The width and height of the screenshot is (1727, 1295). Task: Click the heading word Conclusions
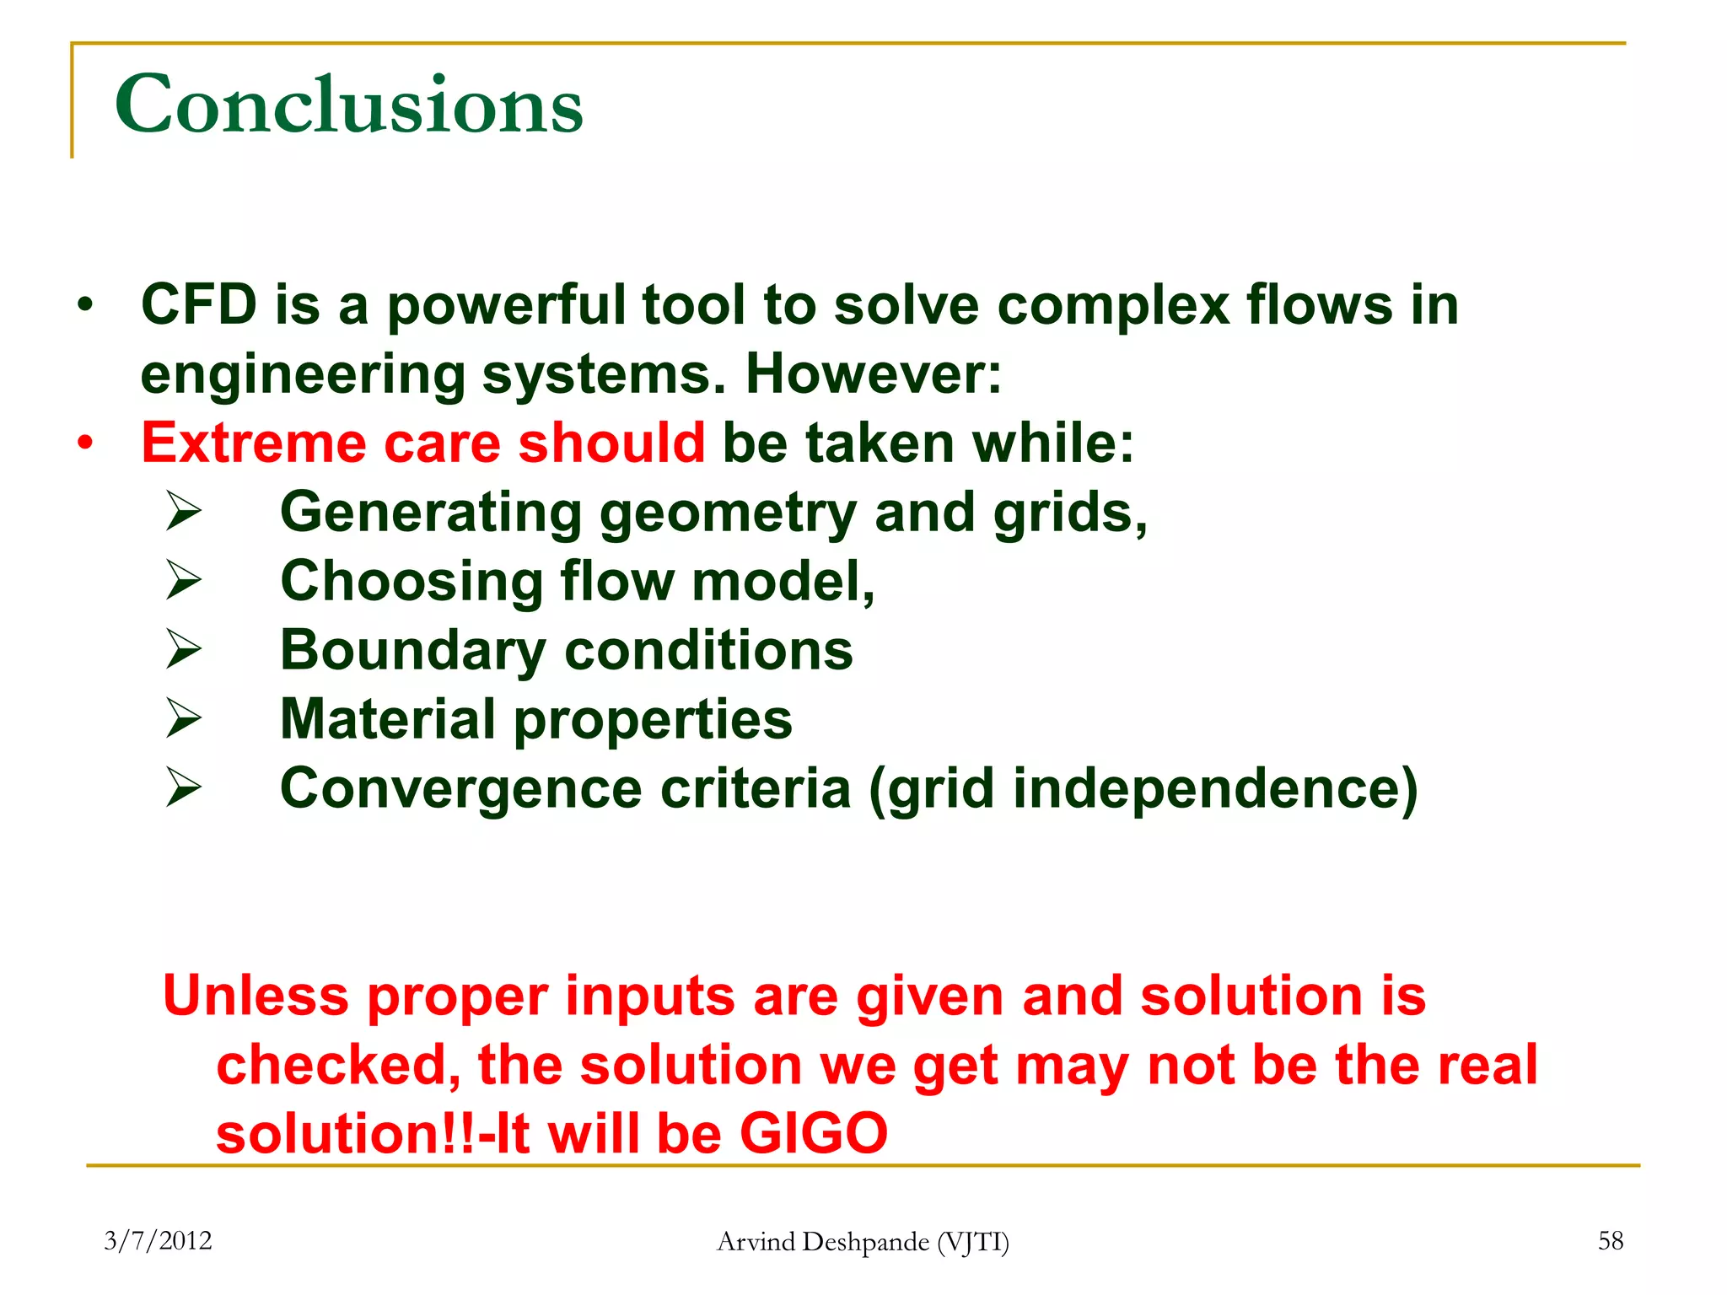click(x=348, y=105)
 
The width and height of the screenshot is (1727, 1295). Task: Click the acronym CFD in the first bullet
click(x=199, y=304)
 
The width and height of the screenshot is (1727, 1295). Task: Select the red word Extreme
click(x=253, y=443)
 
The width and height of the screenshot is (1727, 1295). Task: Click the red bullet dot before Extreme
click(x=85, y=443)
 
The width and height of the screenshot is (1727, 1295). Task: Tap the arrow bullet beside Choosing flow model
click(x=183, y=580)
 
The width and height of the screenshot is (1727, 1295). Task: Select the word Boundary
click(x=412, y=652)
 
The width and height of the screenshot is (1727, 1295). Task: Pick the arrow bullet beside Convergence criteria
click(x=183, y=787)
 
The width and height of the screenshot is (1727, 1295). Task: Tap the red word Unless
click(x=255, y=996)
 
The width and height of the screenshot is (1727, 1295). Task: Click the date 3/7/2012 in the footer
click(x=158, y=1240)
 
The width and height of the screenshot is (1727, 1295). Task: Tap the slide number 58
click(x=1610, y=1240)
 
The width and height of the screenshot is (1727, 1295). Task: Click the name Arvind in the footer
click(x=755, y=1241)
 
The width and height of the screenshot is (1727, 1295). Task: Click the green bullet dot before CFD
click(x=84, y=305)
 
